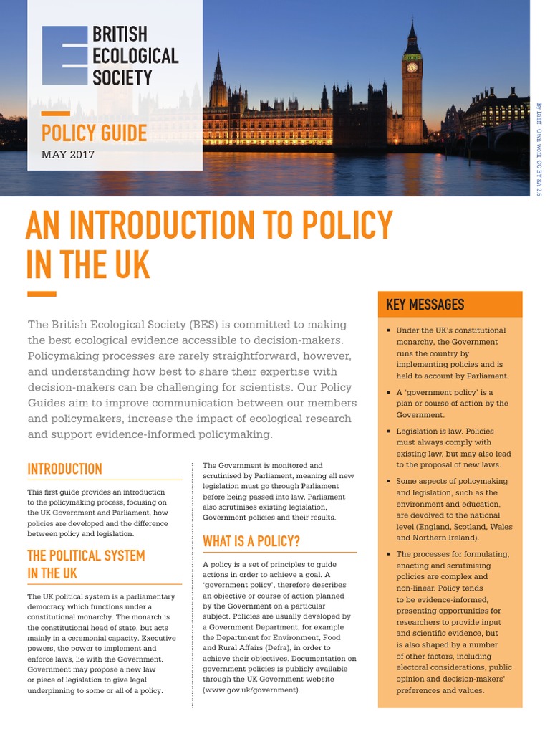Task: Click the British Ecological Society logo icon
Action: click(64, 55)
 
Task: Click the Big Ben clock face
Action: click(412, 67)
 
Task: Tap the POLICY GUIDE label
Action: click(94, 133)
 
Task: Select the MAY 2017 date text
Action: click(67, 154)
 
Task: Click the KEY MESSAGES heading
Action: click(425, 305)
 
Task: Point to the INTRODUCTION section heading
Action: click(64, 469)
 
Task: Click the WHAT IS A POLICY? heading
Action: click(251, 540)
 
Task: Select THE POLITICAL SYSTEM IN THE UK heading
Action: click(86, 564)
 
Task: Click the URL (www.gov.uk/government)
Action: click(251, 690)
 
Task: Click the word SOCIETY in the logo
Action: click(122, 77)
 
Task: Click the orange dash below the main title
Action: click(42, 293)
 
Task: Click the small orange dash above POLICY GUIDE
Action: click(55, 113)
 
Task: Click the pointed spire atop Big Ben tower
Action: click(412, 27)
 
